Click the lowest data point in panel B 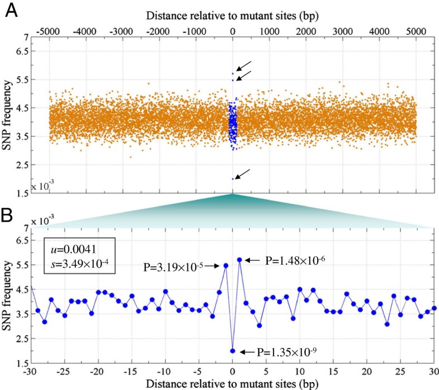pos(233,351)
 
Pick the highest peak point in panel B pos(239,260)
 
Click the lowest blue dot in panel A pos(233,179)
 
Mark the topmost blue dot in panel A pos(233,73)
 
